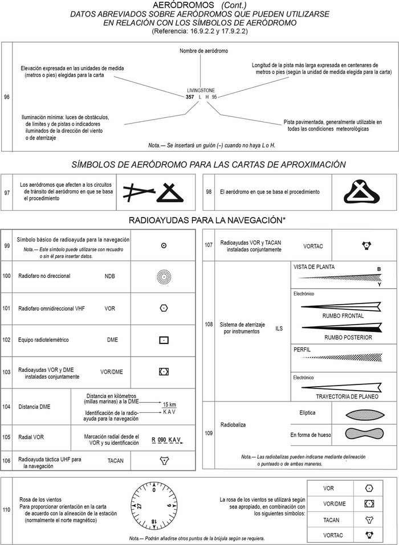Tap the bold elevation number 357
pyautogui.click(x=190, y=97)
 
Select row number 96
pyautogui.click(x=7, y=97)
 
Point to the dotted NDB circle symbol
pyautogui.click(x=164, y=277)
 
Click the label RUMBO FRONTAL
pyautogui.click(x=340, y=316)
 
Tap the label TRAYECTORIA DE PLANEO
pyautogui.click(x=340, y=395)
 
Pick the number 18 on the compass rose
pyautogui.click(x=154, y=521)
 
